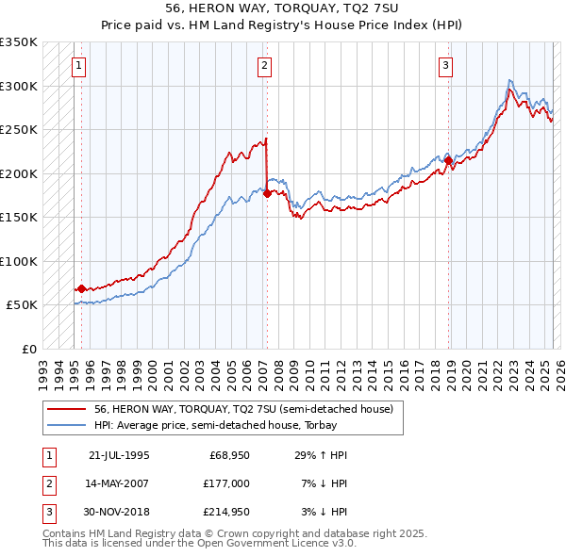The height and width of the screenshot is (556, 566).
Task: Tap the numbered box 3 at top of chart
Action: tap(444, 65)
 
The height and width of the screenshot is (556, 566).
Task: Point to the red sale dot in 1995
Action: tap(82, 288)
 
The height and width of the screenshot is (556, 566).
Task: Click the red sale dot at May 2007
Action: tap(267, 193)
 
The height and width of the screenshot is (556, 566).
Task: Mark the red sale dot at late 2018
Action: tap(448, 160)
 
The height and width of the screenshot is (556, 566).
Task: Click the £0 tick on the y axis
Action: tap(28, 349)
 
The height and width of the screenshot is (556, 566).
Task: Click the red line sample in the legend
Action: tap(67, 409)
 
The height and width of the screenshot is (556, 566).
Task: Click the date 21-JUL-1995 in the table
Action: tap(119, 455)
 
